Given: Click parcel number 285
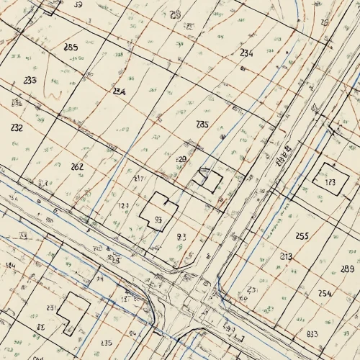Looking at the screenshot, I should (71, 47).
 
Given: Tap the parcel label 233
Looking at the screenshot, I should (30, 80).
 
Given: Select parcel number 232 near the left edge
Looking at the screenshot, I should (17, 127).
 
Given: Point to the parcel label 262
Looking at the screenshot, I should (77, 166).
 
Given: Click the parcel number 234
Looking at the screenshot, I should (246, 53).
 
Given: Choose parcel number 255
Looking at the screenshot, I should (302, 235).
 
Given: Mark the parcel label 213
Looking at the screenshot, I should (286, 256).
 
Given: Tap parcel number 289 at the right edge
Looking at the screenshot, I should (346, 269).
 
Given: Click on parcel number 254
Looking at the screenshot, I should (325, 293).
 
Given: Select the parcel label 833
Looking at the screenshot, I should (312, 334).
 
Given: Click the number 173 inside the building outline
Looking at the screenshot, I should (330, 183).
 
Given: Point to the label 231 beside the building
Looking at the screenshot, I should (51, 307).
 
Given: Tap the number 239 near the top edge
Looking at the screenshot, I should (176, 14).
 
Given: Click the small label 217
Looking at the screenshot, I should (139, 178).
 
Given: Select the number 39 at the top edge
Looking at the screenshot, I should (78, 4).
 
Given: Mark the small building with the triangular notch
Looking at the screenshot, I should (210, 179).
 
